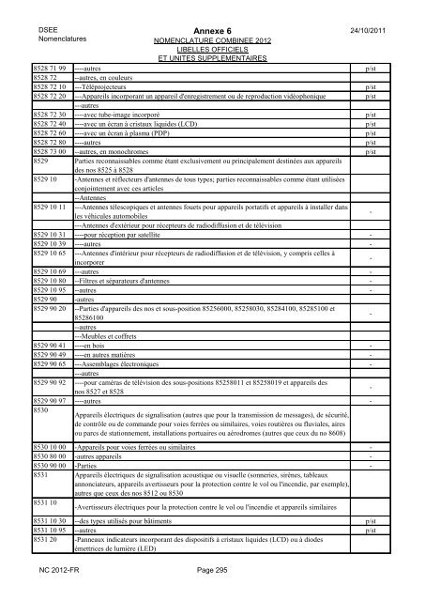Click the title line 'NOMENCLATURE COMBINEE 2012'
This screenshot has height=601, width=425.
[211, 42]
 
